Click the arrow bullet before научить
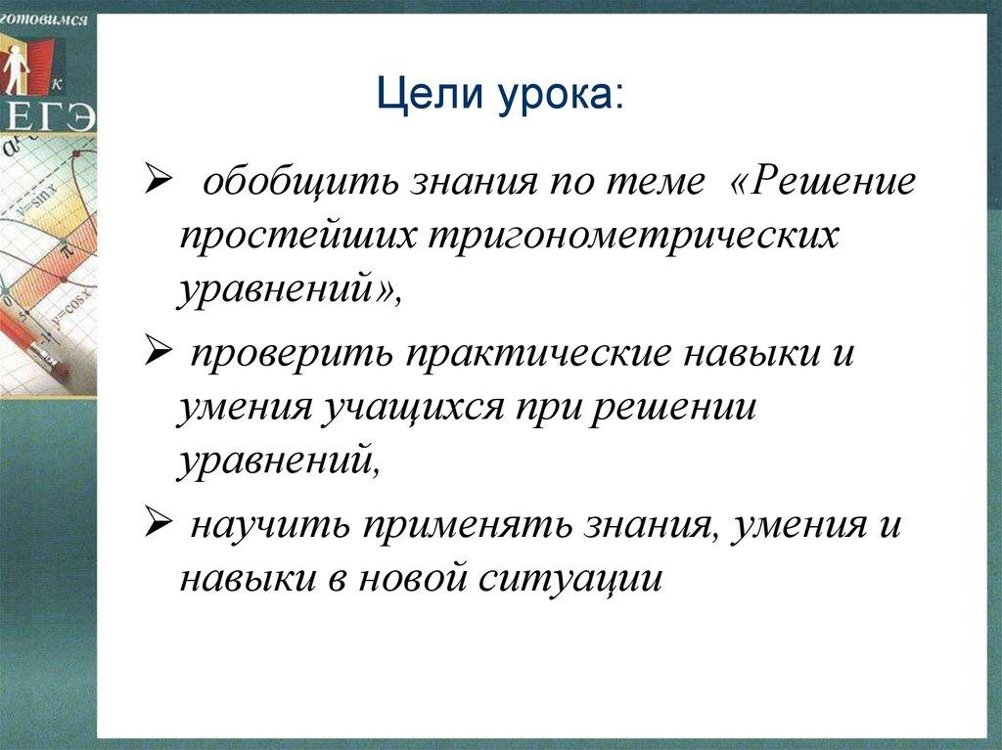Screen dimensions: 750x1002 (x=157, y=523)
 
